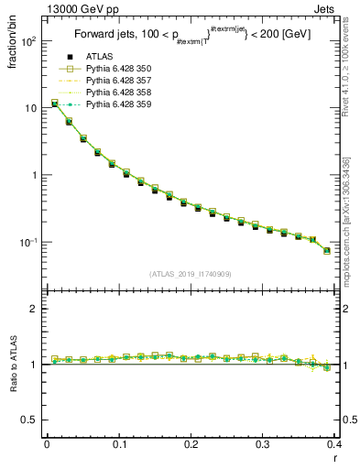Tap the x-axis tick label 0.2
point(191,445)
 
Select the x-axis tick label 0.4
point(334,445)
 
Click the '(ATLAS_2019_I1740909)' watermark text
point(190,274)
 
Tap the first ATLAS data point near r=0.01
point(54,104)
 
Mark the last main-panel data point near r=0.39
point(327,250)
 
